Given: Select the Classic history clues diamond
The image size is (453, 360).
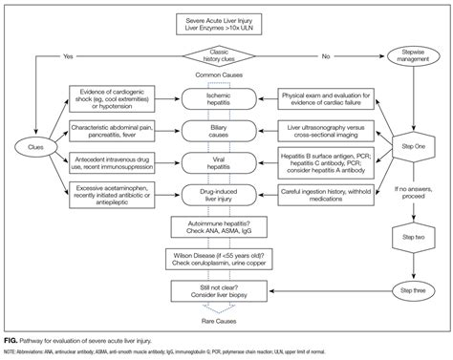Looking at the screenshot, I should pos(226,54).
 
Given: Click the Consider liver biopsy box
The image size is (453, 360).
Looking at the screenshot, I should pos(226,290).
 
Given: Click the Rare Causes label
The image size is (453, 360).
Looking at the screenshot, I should pos(226,320).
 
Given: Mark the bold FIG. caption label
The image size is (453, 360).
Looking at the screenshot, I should pos(12,338).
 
